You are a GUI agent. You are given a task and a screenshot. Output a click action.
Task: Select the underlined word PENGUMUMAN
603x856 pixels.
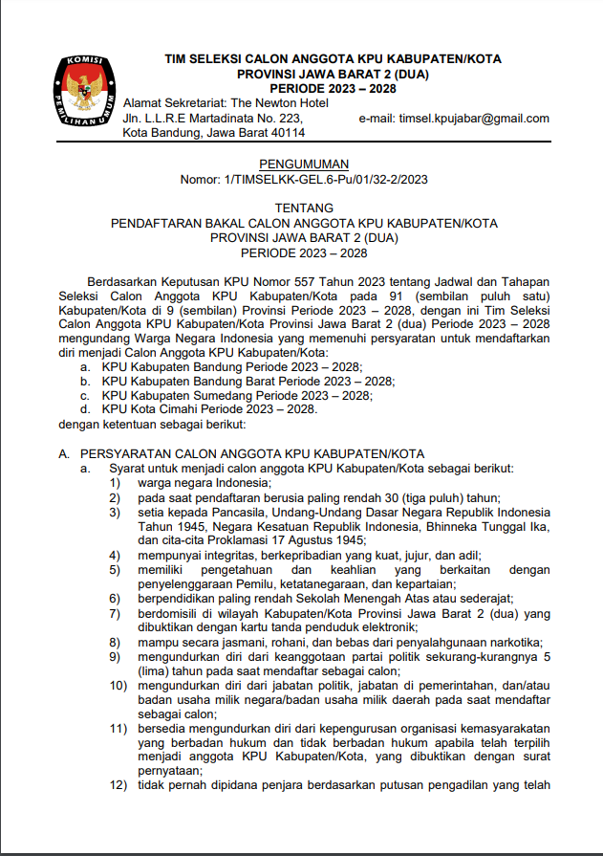304,164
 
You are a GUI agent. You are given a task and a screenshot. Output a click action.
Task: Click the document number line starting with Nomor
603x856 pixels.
304,179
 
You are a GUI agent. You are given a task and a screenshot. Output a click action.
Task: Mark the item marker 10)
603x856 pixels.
118,685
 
